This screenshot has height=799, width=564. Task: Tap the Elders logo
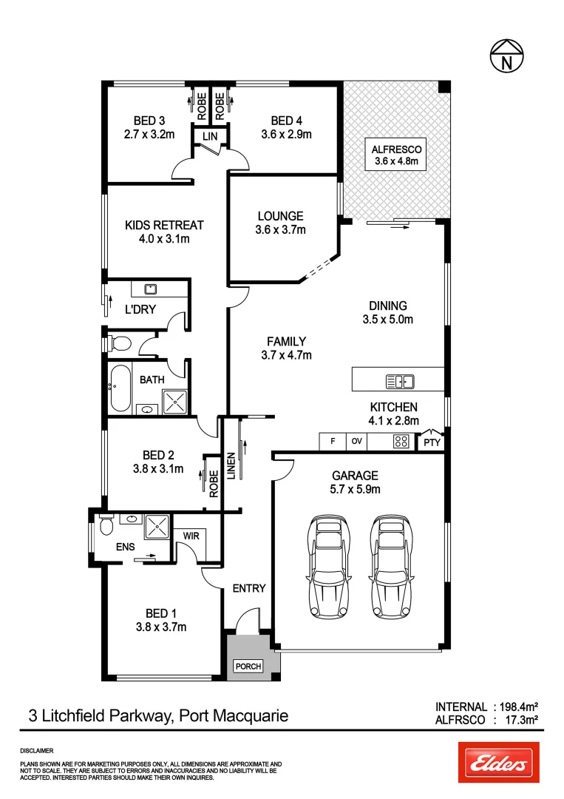click(498, 762)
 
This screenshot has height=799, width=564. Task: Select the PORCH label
click(248, 667)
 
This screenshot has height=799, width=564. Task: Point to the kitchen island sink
click(400, 382)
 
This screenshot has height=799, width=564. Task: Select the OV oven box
click(356, 442)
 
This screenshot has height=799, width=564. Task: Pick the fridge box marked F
click(333, 442)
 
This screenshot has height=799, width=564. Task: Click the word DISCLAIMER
click(37, 750)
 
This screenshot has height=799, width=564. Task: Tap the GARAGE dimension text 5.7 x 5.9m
click(355, 489)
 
